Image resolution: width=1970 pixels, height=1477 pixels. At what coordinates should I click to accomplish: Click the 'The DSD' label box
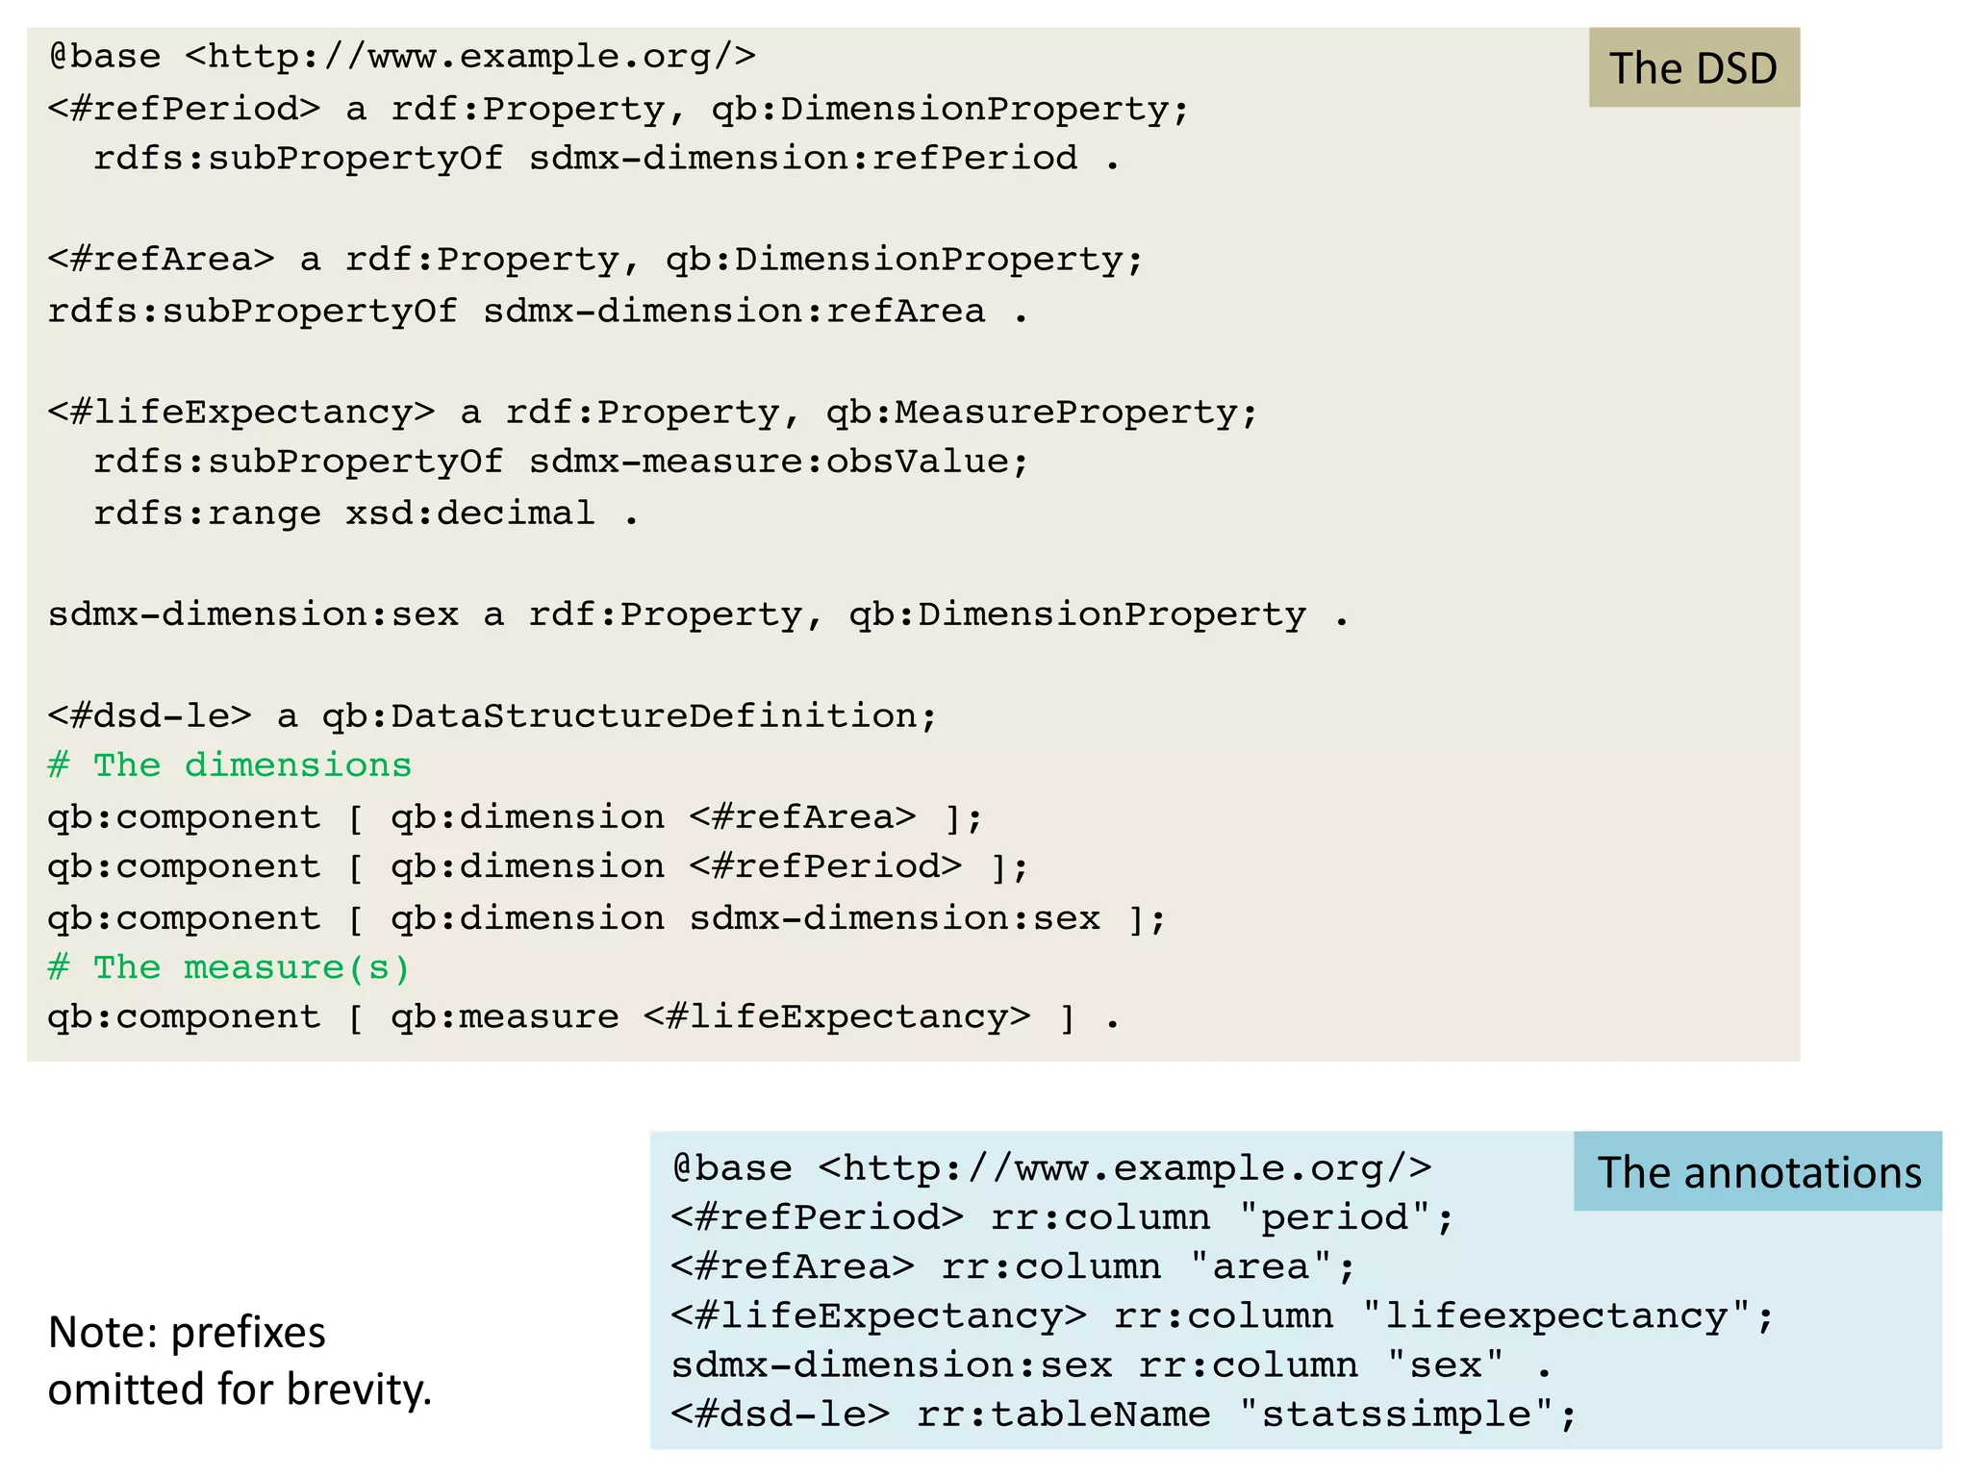tap(1693, 68)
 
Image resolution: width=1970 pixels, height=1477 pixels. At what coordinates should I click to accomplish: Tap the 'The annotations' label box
tap(1758, 1172)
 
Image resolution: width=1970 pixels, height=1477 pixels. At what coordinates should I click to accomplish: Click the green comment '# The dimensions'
tap(230, 765)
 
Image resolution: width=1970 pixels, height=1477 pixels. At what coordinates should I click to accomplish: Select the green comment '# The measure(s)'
tap(230, 967)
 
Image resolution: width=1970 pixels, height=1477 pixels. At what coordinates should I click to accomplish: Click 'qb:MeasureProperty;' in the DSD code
tap(1042, 413)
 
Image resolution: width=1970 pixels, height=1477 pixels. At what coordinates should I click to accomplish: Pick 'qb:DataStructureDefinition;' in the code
tap(629, 716)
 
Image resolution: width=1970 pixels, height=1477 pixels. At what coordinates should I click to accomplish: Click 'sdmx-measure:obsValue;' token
tap(778, 463)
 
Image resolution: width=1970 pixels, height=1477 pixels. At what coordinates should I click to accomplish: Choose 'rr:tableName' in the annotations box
tap(1063, 1414)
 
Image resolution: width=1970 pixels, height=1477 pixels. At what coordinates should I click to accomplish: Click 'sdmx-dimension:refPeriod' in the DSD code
tap(803, 158)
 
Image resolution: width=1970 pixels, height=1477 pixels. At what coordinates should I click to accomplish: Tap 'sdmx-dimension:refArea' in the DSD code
tap(734, 312)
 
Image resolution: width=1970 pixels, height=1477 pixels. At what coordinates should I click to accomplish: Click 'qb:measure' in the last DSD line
tap(505, 1017)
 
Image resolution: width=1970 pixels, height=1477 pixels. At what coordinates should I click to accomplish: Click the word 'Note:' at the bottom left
tap(103, 1333)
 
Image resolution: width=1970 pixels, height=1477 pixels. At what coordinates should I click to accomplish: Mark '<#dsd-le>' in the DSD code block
tap(149, 716)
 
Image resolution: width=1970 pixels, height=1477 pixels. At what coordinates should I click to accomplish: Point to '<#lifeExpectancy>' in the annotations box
tap(878, 1315)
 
